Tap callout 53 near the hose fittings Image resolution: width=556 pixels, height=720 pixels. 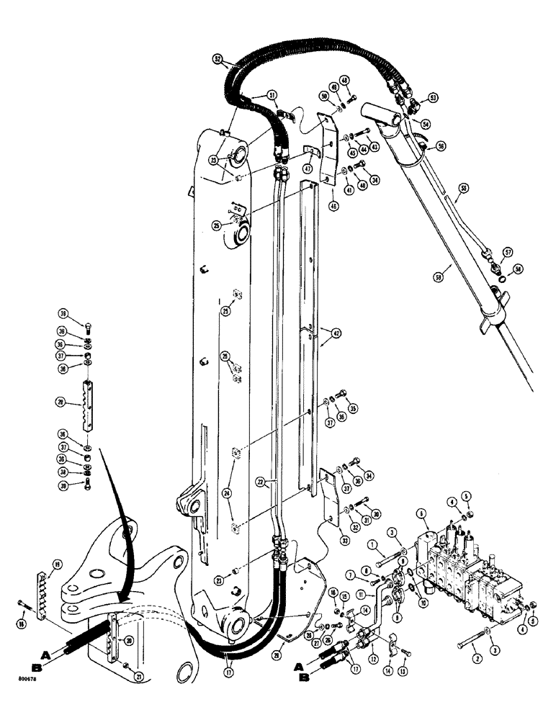(x=432, y=96)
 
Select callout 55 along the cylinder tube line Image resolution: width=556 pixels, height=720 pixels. (x=464, y=189)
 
